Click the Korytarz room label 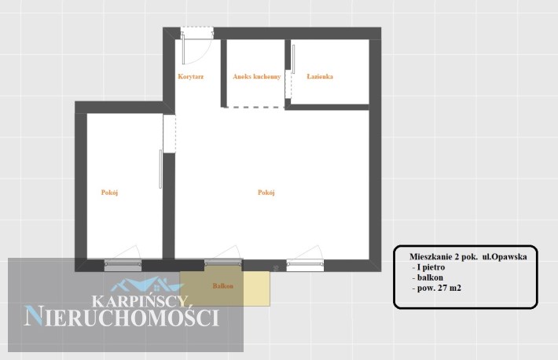191,76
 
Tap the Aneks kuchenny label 256,76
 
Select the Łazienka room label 320,76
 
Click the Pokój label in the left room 109,193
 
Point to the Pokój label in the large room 266,193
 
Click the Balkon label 222,286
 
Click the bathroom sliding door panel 294,59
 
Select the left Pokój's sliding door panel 160,169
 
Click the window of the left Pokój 123,265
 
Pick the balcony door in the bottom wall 223,264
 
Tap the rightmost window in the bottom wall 306,265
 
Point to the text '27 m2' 450,288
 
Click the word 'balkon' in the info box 430,277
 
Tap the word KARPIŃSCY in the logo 140,301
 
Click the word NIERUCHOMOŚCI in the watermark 121,317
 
